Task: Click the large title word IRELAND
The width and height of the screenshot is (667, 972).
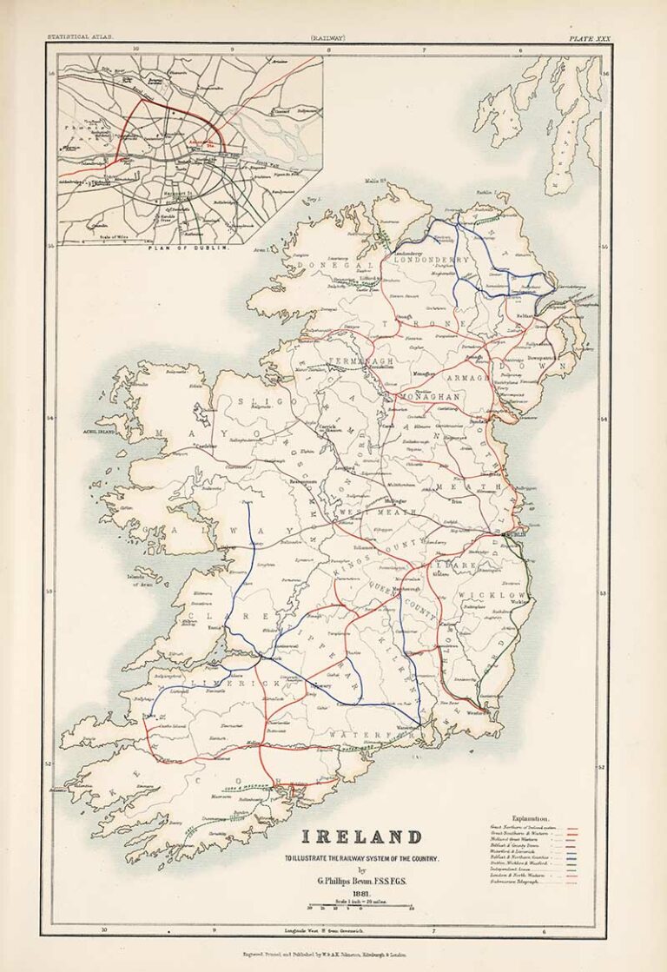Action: tap(361, 837)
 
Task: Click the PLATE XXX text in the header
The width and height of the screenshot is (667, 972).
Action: tap(590, 38)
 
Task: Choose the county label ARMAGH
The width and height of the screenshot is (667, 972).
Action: tap(470, 378)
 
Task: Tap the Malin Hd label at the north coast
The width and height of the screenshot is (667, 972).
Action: tap(374, 182)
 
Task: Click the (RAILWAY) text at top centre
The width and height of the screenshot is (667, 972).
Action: tap(333, 38)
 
